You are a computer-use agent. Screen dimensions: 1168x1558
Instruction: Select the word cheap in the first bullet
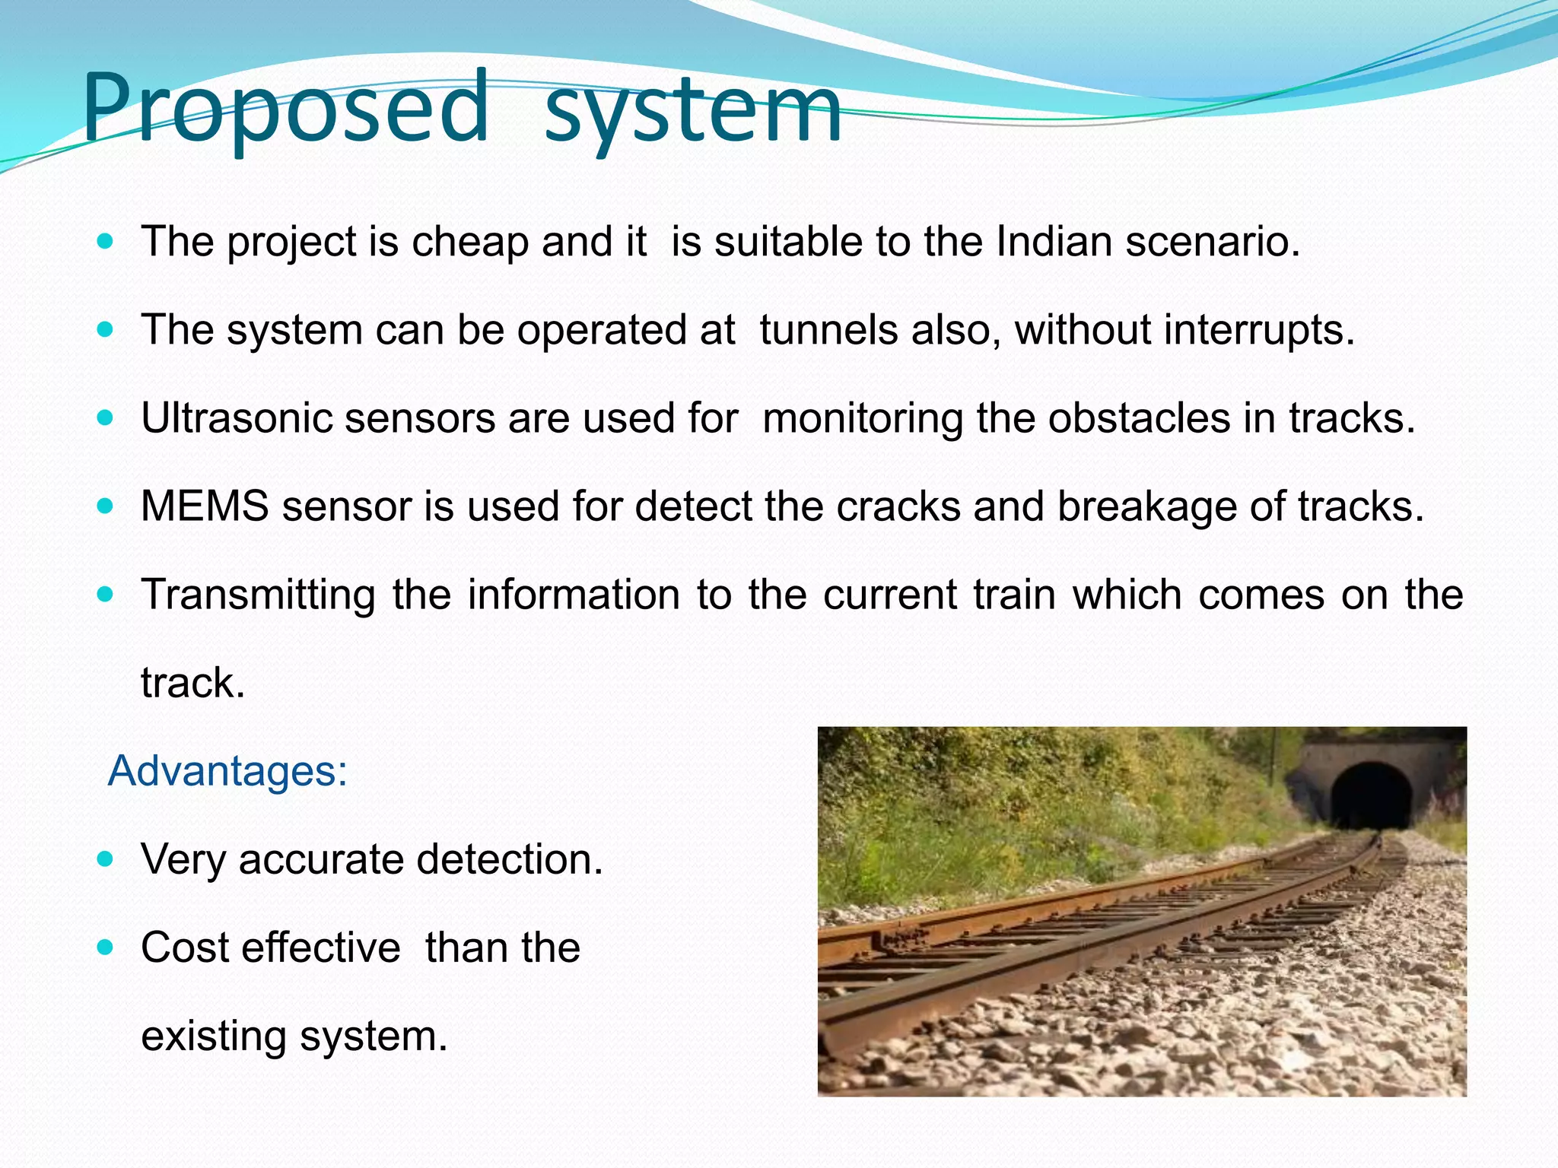tap(469, 243)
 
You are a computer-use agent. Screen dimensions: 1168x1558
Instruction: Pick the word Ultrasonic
tap(237, 418)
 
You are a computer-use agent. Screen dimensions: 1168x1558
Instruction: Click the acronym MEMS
tap(205, 506)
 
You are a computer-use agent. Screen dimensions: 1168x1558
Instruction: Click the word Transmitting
tap(258, 595)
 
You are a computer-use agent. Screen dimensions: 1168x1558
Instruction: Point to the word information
tap(574, 595)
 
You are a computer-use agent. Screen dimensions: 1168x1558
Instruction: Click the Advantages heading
tap(227, 771)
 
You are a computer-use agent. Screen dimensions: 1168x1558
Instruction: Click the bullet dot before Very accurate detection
tap(106, 859)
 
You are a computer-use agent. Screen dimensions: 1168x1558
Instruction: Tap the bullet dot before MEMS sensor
tap(106, 506)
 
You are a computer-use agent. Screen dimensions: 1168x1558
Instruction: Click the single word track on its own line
tap(192, 683)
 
